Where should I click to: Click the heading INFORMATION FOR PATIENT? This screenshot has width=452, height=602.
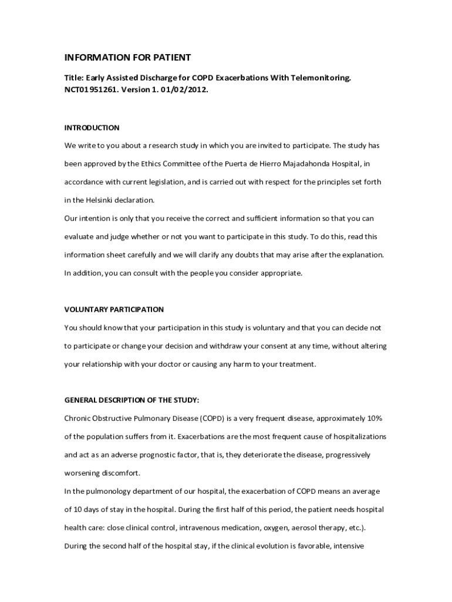[127, 57]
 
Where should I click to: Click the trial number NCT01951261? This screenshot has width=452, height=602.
[90, 91]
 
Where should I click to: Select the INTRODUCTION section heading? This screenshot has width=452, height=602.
[92, 128]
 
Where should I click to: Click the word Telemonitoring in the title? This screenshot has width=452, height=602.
[323, 78]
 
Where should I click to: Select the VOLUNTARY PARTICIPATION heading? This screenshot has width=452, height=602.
[114, 309]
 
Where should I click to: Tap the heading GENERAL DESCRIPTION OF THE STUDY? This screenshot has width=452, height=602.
[131, 400]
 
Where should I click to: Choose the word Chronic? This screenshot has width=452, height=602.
[77, 419]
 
